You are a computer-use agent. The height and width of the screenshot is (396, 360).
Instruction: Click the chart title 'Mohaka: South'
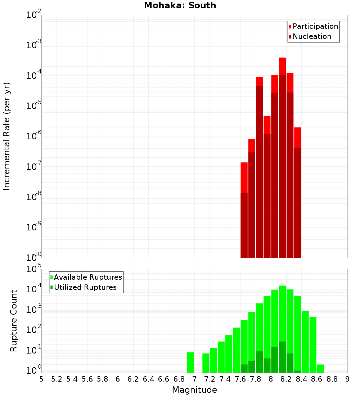pyautogui.click(x=180, y=6)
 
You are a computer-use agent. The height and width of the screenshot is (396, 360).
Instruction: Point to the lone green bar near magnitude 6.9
pyautogui.click(x=190, y=362)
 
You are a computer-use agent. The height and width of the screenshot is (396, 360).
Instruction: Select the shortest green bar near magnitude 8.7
pyautogui.click(x=320, y=368)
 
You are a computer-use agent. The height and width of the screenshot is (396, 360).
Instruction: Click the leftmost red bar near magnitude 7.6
pyautogui.click(x=244, y=216)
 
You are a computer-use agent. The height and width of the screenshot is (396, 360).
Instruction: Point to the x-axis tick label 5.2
pyautogui.click(x=57, y=379)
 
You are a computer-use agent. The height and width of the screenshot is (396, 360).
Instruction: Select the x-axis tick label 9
pyautogui.click(x=347, y=379)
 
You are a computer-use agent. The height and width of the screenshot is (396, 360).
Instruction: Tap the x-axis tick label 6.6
pyautogui.click(x=164, y=379)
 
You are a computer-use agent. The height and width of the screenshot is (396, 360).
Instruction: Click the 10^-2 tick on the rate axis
pyautogui.click(x=33, y=15)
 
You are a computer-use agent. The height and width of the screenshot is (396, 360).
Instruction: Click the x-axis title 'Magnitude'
pyautogui.click(x=194, y=390)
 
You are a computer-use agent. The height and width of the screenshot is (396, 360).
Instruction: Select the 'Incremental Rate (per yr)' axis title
pyautogui.click(x=7, y=136)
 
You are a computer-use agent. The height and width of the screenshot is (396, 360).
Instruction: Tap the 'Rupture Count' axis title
pyautogui.click(x=14, y=321)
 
